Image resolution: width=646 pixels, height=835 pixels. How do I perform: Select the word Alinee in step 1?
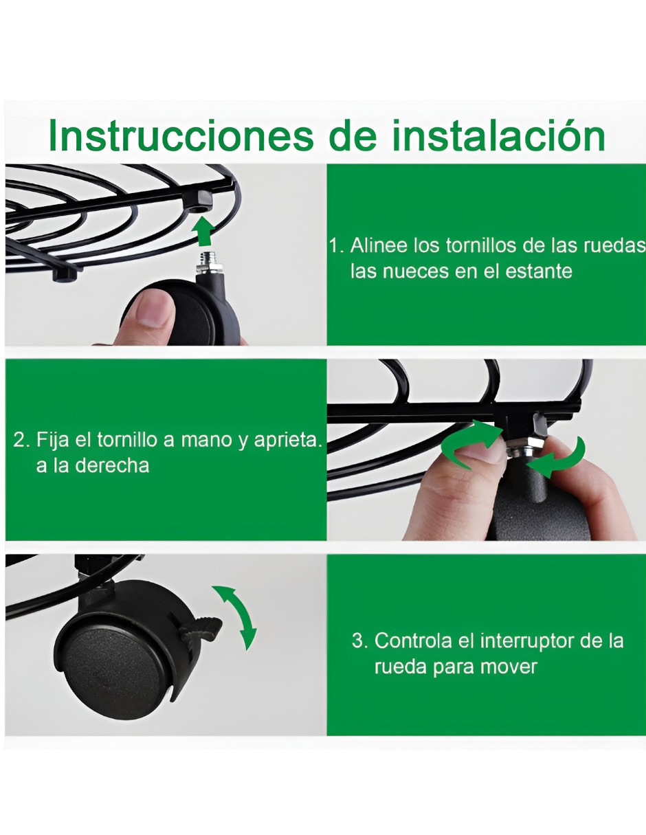378,245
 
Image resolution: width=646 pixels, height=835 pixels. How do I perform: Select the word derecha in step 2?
112,466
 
